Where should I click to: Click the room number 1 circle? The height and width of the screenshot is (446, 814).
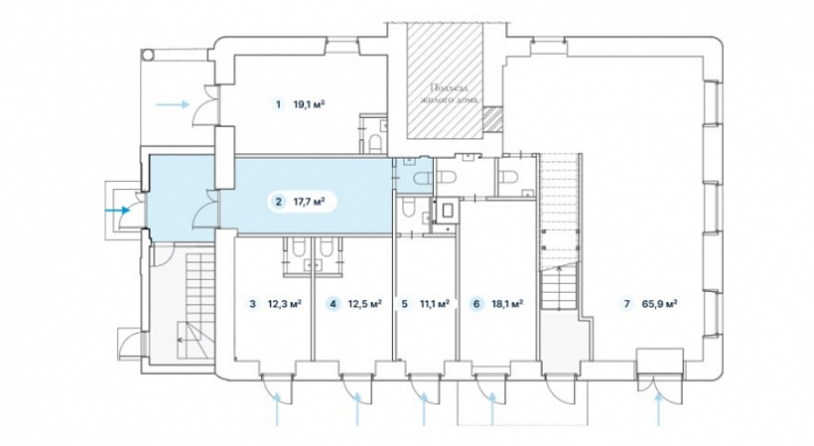tap(278, 104)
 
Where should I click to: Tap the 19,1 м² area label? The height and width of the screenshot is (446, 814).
tap(309, 104)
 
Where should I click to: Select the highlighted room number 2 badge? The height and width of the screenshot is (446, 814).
tap(279, 202)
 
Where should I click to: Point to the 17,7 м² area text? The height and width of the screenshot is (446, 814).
tap(310, 202)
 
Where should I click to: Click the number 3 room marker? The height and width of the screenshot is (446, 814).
tap(253, 304)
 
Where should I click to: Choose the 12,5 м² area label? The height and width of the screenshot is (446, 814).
tap(365, 304)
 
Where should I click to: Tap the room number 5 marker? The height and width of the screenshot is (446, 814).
tap(405, 304)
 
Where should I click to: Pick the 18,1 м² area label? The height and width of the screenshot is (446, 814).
tap(507, 304)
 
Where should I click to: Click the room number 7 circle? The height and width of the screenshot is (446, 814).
tap(627, 304)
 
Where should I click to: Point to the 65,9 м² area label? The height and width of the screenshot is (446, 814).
tap(659, 304)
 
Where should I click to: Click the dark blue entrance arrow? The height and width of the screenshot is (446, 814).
tap(117, 211)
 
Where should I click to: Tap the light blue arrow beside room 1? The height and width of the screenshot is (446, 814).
tap(173, 104)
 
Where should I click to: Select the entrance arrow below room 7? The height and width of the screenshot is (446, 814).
tap(659, 409)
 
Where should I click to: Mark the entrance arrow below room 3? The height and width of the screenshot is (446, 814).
tap(277, 409)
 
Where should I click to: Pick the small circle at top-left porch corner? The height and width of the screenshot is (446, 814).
tap(149, 53)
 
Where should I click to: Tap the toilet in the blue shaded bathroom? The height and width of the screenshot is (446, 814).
tap(423, 178)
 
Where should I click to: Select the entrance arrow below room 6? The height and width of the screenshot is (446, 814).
tap(491, 409)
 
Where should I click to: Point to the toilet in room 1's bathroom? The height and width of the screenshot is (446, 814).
tap(375, 142)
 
